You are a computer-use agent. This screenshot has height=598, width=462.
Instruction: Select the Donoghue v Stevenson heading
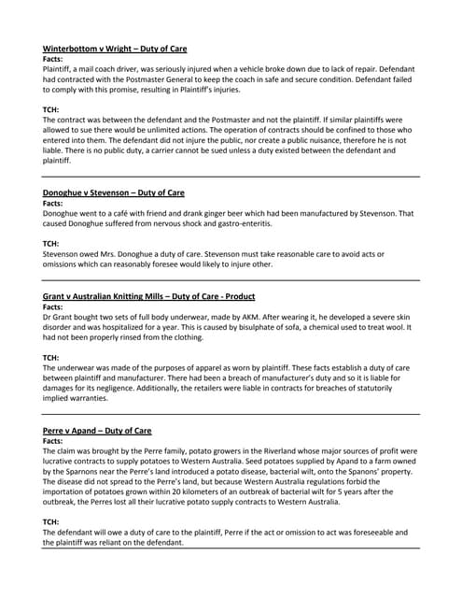click(x=114, y=192)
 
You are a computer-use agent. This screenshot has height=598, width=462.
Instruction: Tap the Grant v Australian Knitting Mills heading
click(x=148, y=299)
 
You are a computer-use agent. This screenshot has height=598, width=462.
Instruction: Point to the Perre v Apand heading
click(x=97, y=430)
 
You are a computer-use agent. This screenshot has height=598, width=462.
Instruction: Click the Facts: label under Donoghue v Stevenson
click(x=53, y=203)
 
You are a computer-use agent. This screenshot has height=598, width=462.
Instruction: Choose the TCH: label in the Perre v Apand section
click(x=52, y=522)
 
